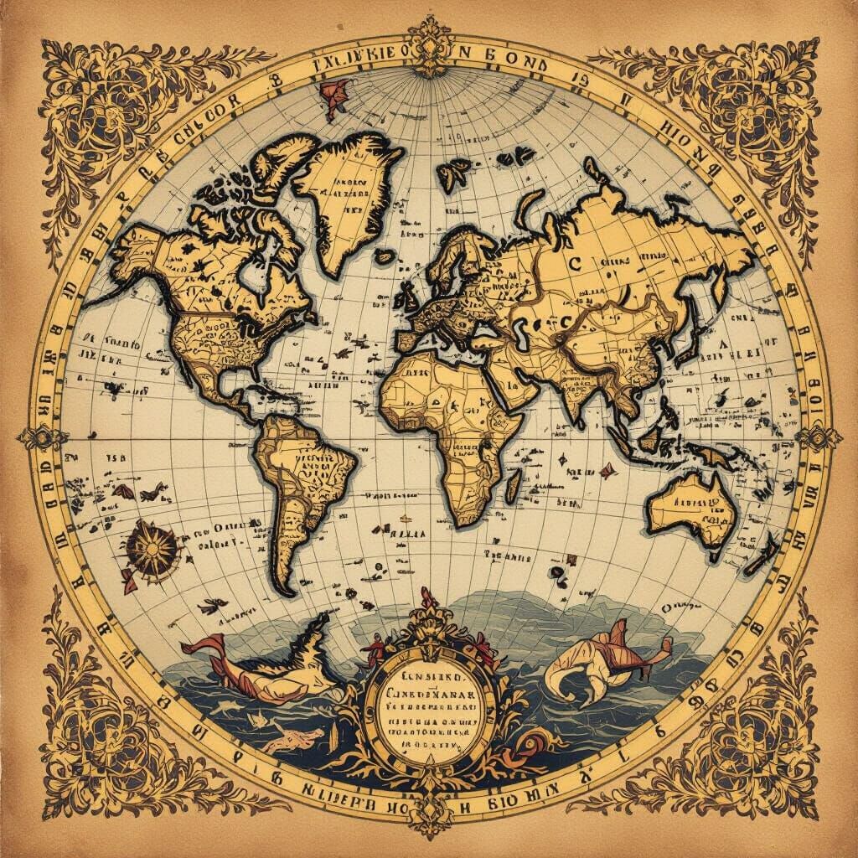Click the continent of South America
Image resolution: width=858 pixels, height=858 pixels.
tap(302, 486)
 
